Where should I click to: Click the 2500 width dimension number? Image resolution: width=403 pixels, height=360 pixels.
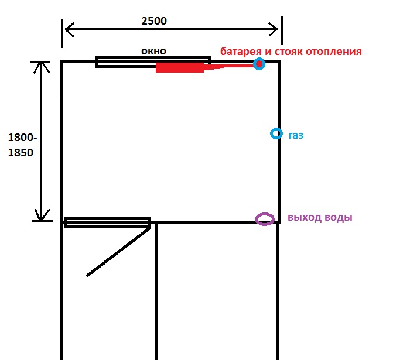pyautogui.click(x=154, y=20)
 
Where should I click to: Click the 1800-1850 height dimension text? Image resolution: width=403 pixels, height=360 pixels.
pyautogui.click(x=22, y=145)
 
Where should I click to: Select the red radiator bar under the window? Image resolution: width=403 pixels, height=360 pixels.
pyautogui.click(x=179, y=67)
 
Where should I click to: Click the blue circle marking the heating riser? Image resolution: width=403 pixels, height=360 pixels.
pyautogui.click(x=259, y=63)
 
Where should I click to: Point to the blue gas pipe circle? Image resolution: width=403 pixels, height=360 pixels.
pyautogui.click(x=276, y=134)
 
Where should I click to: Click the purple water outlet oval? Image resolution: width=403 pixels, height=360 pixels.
pyautogui.click(x=265, y=219)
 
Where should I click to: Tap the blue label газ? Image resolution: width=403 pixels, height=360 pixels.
pyautogui.click(x=296, y=135)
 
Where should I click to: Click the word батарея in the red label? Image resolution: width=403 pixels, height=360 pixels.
pyautogui.click(x=241, y=51)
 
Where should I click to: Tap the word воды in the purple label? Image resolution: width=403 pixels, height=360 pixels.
pyautogui.click(x=340, y=218)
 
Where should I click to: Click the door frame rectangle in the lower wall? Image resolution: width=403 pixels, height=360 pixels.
pyautogui.click(x=107, y=222)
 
